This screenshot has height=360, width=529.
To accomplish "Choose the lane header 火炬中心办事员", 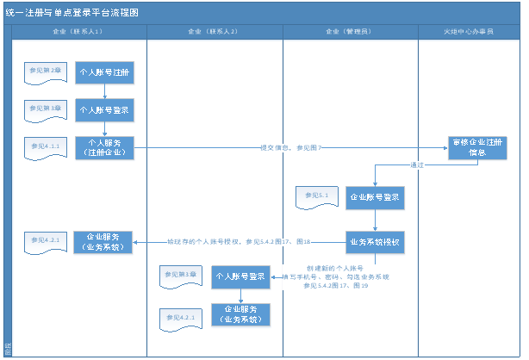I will [470, 32].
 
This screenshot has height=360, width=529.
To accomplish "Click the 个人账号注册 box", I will [104, 73].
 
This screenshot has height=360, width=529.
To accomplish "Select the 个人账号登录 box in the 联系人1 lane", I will [104, 110].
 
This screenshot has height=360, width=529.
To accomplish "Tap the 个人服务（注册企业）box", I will [104, 148].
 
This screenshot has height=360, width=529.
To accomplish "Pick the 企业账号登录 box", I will [375, 198].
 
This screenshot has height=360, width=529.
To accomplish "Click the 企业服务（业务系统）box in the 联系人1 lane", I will [103, 242].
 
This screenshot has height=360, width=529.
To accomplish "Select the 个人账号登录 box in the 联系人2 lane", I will [240, 277].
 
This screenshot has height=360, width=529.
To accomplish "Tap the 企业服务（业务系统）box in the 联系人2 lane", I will [240, 314].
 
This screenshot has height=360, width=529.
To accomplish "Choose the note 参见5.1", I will [316, 197].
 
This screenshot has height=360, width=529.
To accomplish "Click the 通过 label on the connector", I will [417, 164].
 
